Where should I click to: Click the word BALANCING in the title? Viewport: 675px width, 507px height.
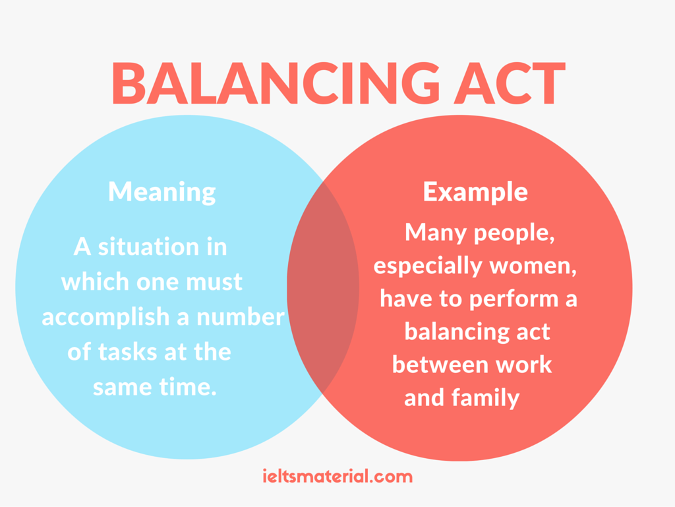tap(276, 83)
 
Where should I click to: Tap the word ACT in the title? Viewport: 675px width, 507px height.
tap(510, 83)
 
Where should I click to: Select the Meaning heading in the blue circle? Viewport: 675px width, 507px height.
tap(162, 192)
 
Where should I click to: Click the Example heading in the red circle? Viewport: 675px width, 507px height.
tap(475, 192)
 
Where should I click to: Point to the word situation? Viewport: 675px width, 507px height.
tap(148, 247)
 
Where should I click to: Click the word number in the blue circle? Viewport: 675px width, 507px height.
tap(241, 317)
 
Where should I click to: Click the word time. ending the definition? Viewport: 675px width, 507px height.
tap(188, 387)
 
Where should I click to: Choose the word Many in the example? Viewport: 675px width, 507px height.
tap(436, 233)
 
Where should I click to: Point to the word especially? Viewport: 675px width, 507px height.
tap(427, 267)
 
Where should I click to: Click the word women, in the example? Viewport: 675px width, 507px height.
tap(533, 267)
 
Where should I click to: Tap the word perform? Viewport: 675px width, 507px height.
tap(514, 300)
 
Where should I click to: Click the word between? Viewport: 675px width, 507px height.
tap(440, 364)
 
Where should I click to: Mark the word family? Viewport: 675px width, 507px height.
tap(485, 398)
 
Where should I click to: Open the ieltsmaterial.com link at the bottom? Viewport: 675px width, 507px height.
tap(337, 477)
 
